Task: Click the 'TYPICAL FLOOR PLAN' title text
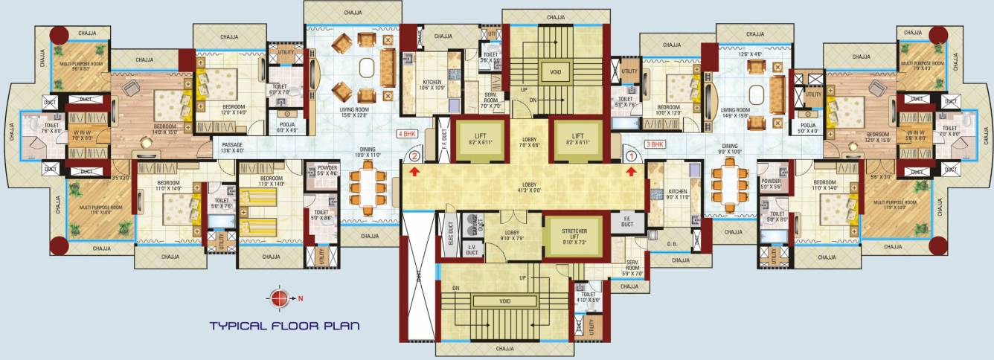point(284,325)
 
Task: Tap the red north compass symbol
point(279,298)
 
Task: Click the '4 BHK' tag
point(407,135)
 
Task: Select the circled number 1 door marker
point(632,157)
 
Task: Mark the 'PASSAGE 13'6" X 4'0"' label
point(232,147)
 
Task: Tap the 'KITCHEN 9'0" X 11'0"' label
point(678,196)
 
